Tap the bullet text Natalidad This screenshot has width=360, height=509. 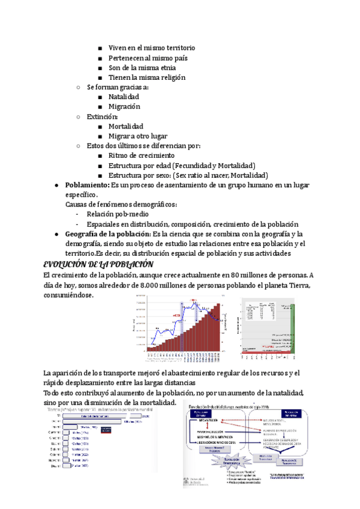pyautogui.click(x=124, y=97)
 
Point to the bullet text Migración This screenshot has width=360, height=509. pyautogui.click(x=124, y=106)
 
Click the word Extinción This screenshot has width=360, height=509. pyautogui.click(x=102, y=116)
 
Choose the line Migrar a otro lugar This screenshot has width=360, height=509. pyautogui.click(x=137, y=136)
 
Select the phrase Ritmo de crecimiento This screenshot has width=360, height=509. pyautogui.click(x=142, y=155)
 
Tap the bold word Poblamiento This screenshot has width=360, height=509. pyautogui.click(x=87, y=185)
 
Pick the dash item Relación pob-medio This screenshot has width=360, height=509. pyautogui.click(x=118, y=214)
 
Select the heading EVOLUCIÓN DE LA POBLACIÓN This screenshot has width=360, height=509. pyautogui.click(x=98, y=264)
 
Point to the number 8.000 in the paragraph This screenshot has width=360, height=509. pyautogui.click(x=148, y=285)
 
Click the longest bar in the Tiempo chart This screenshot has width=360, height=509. pyautogui.click(x=102, y=415)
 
